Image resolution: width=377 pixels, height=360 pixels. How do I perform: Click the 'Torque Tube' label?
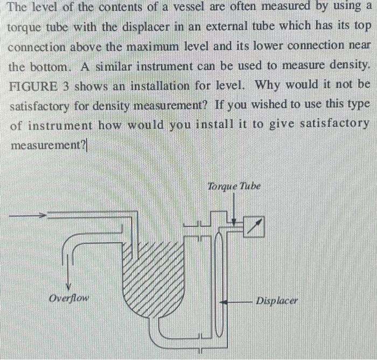click(x=234, y=186)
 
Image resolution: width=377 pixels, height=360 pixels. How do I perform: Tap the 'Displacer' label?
click(x=277, y=300)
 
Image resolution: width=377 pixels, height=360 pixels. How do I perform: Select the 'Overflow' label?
click(x=68, y=297)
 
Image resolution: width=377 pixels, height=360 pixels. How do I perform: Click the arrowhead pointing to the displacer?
click(x=228, y=302)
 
